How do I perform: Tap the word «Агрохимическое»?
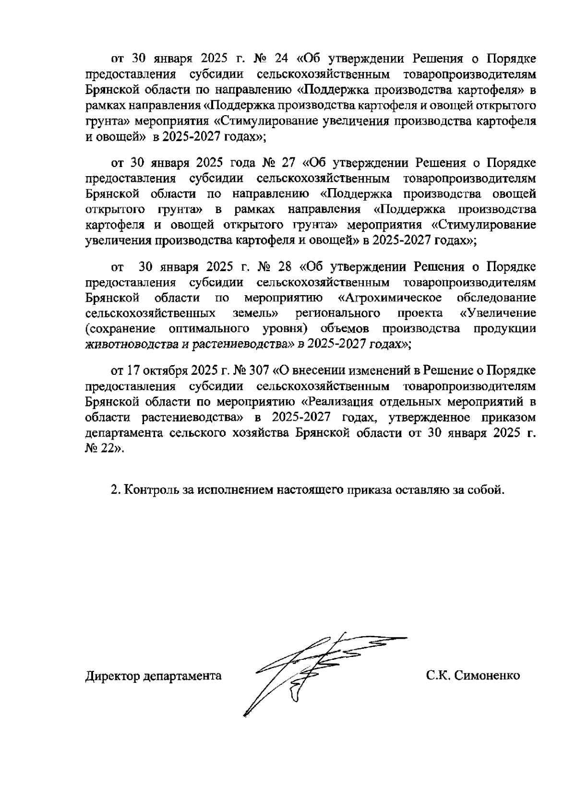390,298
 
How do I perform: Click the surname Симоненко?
487,676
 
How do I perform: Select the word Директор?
111,676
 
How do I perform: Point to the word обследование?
496,298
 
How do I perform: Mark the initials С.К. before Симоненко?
437,676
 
